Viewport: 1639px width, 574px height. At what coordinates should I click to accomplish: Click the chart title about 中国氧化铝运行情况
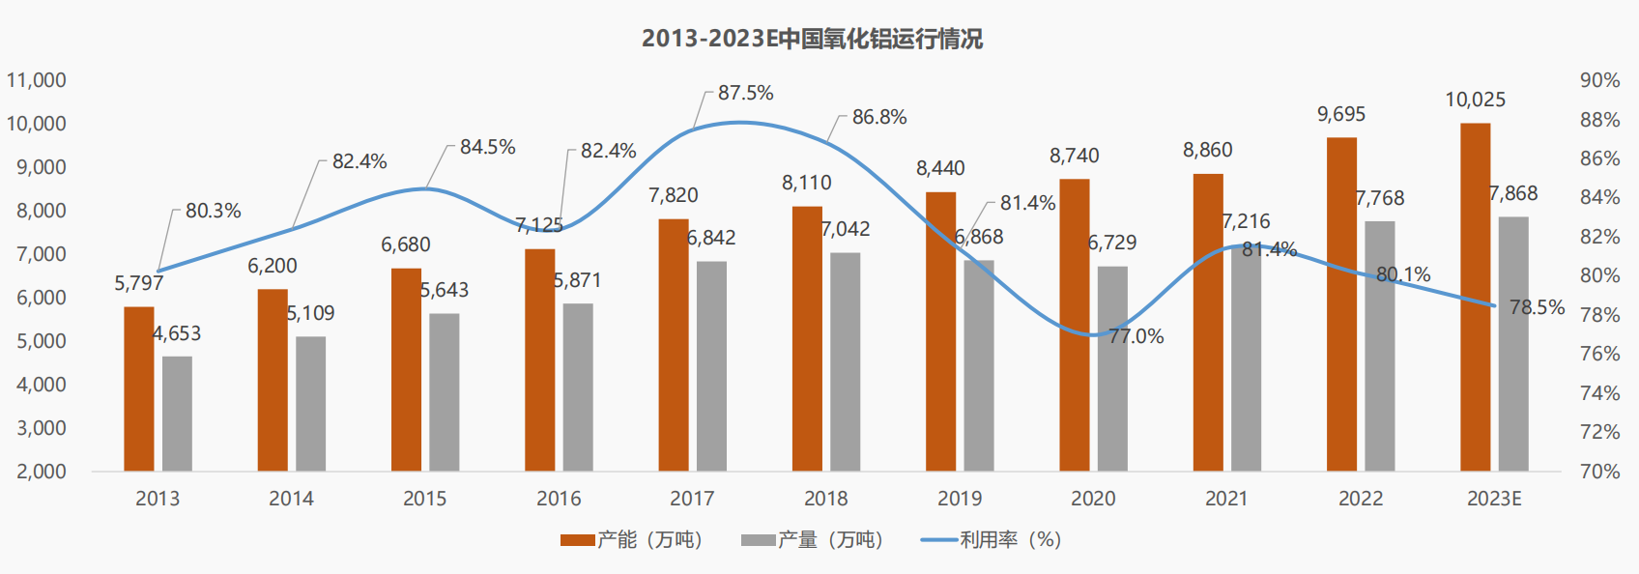click(812, 39)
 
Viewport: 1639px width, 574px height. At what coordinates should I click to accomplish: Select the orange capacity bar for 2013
click(139, 388)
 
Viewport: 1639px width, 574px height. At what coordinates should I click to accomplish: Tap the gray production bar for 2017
click(711, 365)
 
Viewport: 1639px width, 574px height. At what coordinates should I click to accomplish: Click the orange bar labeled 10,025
click(1475, 297)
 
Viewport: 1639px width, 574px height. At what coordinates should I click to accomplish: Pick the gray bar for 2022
click(1380, 346)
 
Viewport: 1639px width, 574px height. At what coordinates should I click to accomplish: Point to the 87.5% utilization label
click(745, 93)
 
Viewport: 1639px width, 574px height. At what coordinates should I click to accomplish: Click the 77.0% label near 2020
click(1136, 336)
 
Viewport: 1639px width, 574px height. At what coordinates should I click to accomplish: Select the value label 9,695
click(1341, 114)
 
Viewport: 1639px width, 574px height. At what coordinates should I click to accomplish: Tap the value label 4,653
click(177, 333)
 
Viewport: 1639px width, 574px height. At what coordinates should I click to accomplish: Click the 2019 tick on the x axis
click(960, 499)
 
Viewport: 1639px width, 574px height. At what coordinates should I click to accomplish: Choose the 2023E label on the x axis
click(1494, 499)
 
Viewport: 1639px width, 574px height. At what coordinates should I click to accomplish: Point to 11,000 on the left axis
click(37, 80)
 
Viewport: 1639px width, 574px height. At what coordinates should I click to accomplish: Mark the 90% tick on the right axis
click(1599, 80)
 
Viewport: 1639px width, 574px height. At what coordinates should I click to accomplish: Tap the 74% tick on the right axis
click(1599, 393)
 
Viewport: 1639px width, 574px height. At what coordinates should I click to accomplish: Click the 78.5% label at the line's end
click(1537, 307)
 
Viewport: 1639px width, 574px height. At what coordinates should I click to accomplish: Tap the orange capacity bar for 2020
click(1075, 325)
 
